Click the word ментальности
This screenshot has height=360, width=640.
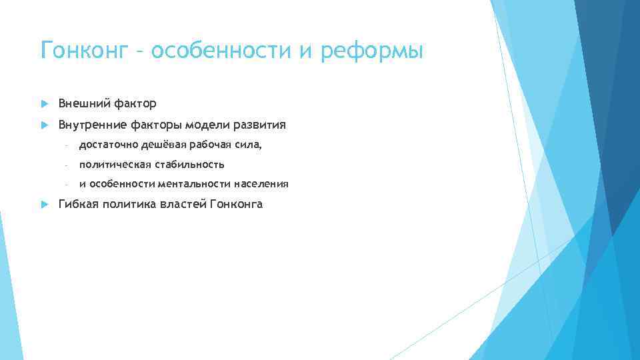point(193,184)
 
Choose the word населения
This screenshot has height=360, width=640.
point(261,184)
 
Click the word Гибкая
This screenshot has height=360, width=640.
point(79,204)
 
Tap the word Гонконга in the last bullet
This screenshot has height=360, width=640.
point(236,204)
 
